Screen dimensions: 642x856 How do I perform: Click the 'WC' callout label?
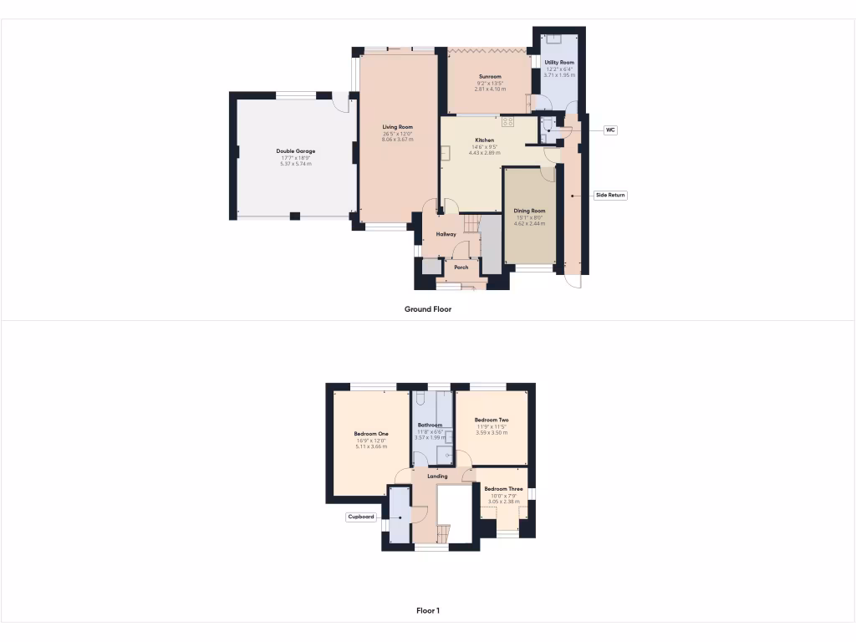[610, 130]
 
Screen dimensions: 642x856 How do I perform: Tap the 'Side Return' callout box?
[610, 195]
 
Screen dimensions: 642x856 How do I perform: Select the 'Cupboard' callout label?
[361, 517]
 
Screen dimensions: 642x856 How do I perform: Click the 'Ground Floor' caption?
[428, 308]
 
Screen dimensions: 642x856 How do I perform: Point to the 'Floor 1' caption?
[428, 610]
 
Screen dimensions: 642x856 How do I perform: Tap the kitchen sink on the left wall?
[446, 152]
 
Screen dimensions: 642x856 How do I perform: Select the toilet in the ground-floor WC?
[548, 126]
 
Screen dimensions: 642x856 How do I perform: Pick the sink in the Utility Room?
[552, 39]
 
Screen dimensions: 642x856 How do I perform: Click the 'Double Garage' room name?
[296, 151]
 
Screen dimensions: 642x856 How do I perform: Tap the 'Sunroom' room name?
[490, 76]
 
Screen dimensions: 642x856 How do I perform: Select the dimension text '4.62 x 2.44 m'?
[529, 224]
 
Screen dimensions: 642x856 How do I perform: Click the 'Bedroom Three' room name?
[503, 489]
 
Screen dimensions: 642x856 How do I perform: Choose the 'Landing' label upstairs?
[437, 476]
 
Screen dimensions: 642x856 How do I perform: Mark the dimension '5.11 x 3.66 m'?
[371, 447]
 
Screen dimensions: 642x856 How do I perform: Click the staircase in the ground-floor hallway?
[472, 223]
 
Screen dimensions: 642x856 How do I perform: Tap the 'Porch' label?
[461, 267]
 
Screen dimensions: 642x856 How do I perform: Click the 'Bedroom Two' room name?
[492, 420]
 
